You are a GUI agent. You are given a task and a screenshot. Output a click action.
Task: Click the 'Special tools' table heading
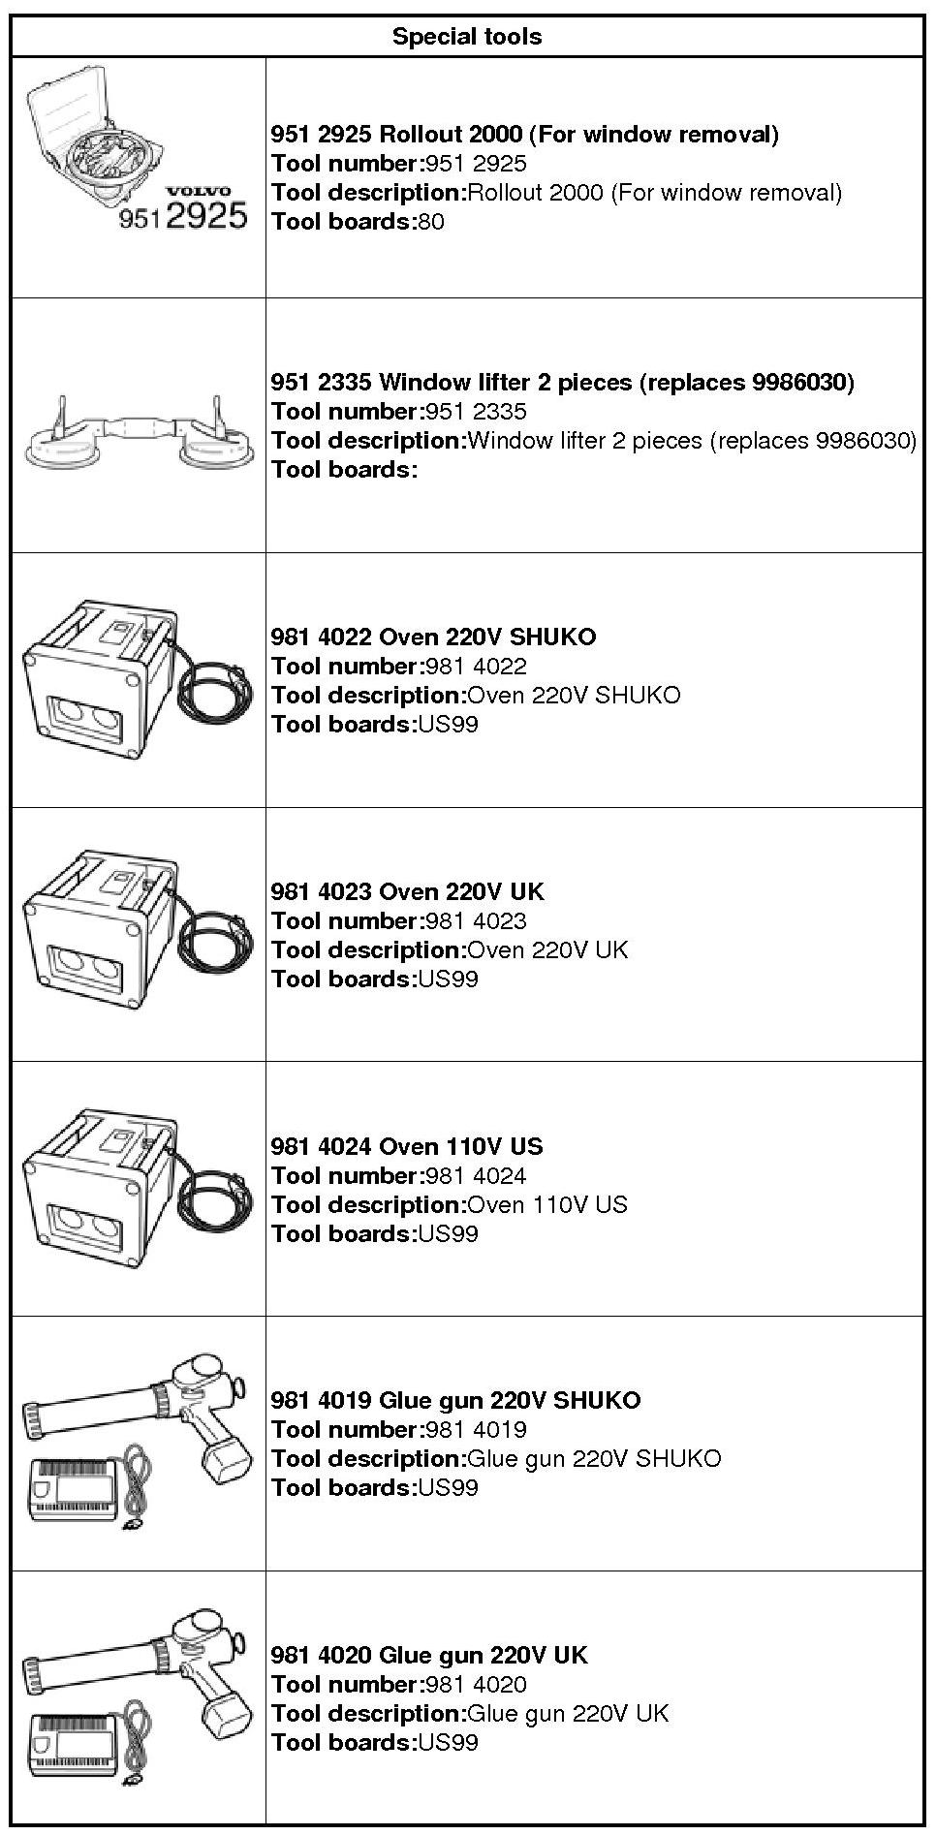pyautogui.click(x=467, y=37)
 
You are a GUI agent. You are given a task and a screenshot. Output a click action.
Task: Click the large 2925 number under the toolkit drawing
pyautogui.click(x=206, y=215)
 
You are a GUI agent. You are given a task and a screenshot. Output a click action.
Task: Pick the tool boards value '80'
pyautogui.click(x=431, y=222)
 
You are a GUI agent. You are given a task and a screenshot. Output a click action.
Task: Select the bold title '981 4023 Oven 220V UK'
pyautogui.click(x=407, y=891)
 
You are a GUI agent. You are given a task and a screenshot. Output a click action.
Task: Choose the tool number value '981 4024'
pyautogui.click(x=476, y=1175)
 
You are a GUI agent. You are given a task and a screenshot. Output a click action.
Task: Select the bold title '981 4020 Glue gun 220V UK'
pyautogui.click(x=429, y=1655)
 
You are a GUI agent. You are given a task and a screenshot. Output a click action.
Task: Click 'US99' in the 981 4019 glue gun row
pyautogui.click(x=448, y=1487)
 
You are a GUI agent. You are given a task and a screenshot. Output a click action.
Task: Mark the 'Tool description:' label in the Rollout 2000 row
pyautogui.click(x=368, y=192)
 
